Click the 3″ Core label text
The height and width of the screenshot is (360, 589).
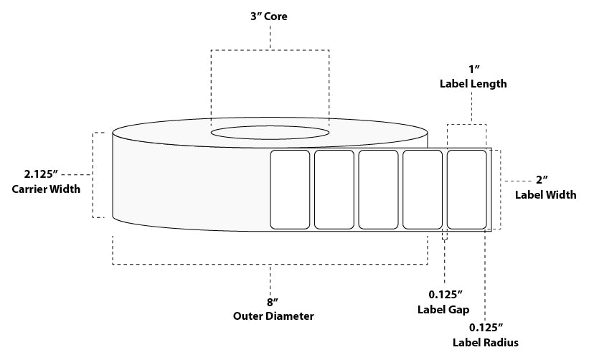click(x=270, y=16)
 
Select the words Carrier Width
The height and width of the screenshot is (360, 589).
click(x=46, y=189)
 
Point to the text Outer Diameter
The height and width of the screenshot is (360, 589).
click(x=273, y=316)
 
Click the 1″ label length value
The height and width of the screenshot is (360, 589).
click(x=473, y=69)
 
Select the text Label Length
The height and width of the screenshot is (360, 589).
click(x=473, y=84)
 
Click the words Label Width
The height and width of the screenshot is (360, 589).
click(x=546, y=194)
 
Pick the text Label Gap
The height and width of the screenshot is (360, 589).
click(x=443, y=310)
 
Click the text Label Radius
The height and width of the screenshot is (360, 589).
click(x=485, y=342)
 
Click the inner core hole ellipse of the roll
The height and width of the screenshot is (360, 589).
click(x=270, y=133)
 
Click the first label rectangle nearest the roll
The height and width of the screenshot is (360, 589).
click(x=289, y=189)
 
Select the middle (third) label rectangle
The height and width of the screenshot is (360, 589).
click(x=378, y=189)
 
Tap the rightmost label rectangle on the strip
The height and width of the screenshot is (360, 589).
click(x=466, y=189)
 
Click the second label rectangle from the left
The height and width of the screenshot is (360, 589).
click(x=334, y=189)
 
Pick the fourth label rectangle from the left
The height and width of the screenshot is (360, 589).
click(x=423, y=189)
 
